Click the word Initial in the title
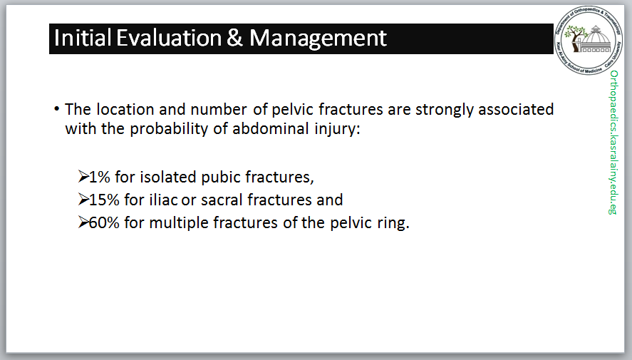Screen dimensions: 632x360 [x=83, y=38]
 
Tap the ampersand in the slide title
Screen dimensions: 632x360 [x=234, y=38]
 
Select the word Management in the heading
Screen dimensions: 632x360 [x=318, y=39]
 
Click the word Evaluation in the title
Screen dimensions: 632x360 [x=169, y=38]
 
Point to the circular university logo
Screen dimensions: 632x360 [x=589, y=41]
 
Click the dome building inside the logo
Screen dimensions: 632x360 [x=596, y=39]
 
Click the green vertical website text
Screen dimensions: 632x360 [x=613, y=143]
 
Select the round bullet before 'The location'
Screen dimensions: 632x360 [x=57, y=109]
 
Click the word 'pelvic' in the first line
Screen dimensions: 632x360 [x=293, y=109]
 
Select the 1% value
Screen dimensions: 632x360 [x=100, y=177]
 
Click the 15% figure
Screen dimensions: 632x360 [x=104, y=200]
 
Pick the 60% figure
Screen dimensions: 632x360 [x=104, y=222]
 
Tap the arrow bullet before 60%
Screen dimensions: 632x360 [x=83, y=222]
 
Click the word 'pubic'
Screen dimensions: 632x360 [x=221, y=178]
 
